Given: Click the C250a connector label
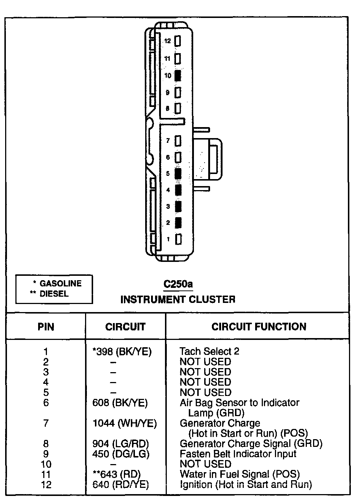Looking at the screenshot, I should (x=178, y=284).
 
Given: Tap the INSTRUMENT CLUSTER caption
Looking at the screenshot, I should (x=178, y=299).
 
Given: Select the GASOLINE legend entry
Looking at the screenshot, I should (x=60, y=283).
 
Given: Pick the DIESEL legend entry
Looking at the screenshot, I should (x=54, y=293).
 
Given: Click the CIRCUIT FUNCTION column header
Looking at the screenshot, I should (x=258, y=326).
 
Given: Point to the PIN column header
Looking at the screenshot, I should (x=46, y=326).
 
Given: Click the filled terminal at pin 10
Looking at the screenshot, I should (x=178, y=75).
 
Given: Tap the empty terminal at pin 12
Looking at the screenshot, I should (x=178, y=41).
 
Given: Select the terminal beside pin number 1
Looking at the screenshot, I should (x=179, y=239).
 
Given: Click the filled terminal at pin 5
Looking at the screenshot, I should (x=178, y=174).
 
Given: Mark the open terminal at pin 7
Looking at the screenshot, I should (x=178, y=140).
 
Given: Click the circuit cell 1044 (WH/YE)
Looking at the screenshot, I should (x=124, y=423).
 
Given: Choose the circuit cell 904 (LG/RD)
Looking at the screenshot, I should (x=121, y=444).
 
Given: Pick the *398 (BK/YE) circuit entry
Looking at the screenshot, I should (x=122, y=352).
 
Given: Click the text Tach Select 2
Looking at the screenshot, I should (x=209, y=352).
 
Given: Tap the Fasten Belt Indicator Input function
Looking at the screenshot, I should (x=238, y=454).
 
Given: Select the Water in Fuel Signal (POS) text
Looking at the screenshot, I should (x=239, y=474).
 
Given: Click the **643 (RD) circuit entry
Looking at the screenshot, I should (x=116, y=474).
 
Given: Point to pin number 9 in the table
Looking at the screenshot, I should (x=46, y=454).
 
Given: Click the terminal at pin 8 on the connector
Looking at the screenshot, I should (x=178, y=108).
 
